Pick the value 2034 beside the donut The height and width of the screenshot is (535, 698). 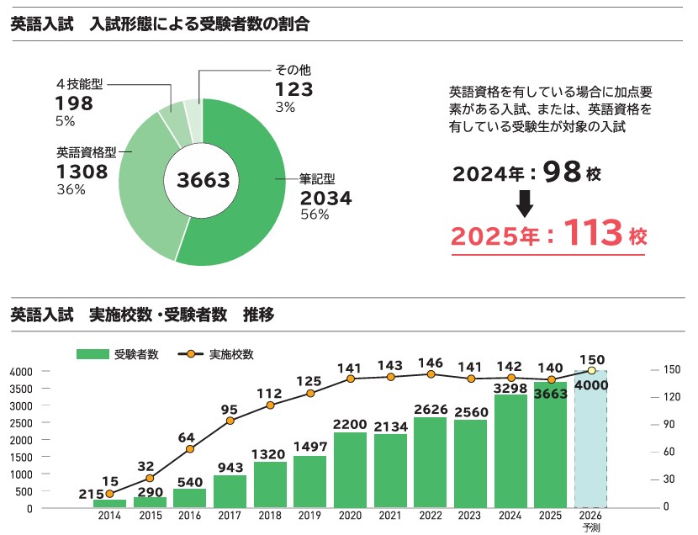325,199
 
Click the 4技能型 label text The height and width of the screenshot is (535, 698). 79,84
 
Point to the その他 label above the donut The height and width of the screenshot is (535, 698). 293,71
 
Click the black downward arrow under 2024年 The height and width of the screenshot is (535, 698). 525,203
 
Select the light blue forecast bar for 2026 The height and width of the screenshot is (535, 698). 591,439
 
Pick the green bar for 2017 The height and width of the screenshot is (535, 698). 230,491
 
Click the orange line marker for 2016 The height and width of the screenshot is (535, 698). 190,449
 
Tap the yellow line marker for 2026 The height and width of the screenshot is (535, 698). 591,370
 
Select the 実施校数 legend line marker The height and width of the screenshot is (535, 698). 192,354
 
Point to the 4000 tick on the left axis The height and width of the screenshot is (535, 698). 21,371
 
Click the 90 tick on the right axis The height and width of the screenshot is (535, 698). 670,425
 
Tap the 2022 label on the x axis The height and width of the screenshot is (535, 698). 431,514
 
